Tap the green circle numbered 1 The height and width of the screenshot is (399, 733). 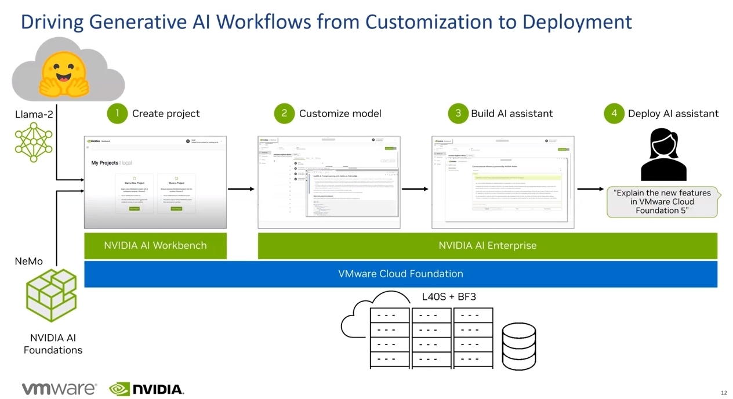(x=117, y=113)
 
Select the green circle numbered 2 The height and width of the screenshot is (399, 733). (x=284, y=113)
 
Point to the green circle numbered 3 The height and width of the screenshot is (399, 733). (x=458, y=113)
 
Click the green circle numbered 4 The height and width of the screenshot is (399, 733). (x=614, y=113)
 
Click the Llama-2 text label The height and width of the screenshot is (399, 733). (x=34, y=114)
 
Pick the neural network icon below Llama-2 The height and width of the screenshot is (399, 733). (x=34, y=143)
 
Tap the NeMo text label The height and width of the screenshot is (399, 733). (x=28, y=262)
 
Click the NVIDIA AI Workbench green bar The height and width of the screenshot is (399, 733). (x=155, y=245)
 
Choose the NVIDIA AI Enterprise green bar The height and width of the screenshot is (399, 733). (x=487, y=245)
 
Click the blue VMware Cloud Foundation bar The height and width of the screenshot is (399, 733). (x=401, y=274)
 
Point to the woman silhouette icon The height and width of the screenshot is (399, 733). (x=663, y=155)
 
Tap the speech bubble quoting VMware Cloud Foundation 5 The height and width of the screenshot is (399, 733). (x=662, y=202)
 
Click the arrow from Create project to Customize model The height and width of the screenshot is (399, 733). (x=241, y=188)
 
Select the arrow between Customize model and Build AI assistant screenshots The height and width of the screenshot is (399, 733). (x=415, y=188)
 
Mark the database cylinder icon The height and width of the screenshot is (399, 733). (x=518, y=346)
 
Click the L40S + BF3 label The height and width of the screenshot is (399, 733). (x=449, y=297)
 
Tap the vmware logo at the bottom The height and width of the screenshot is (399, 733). (x=59, y=389)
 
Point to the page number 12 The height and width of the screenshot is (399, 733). (x=723, y=393)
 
